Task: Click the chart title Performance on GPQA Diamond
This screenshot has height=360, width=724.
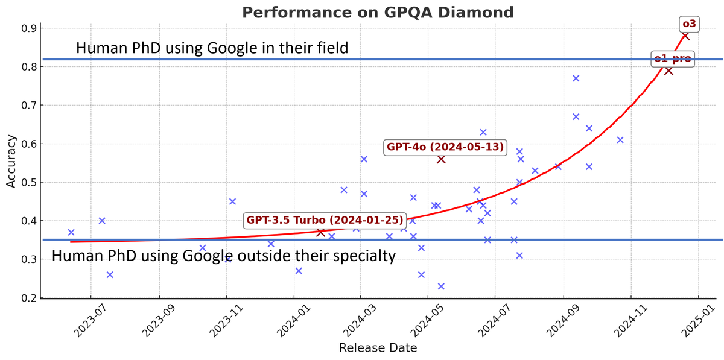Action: click(378, 12)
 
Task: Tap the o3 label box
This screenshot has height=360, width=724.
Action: click(688, 24)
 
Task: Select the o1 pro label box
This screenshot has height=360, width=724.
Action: click(673, 58)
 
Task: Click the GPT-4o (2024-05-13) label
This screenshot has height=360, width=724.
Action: click(445, 147)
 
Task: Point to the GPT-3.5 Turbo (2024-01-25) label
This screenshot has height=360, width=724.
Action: click(325, 220)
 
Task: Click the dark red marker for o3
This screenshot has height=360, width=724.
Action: click(685, 36)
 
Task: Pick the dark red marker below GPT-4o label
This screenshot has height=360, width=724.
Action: click(441, 159)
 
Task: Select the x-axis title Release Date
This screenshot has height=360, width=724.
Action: click(378, 348)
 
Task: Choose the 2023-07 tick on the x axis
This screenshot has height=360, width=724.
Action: click(86, 319)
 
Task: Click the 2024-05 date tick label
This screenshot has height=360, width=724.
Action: click(422, 319)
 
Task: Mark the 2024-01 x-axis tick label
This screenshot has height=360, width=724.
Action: click(289, 319)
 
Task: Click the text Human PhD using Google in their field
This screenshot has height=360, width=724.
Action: click(212, 48)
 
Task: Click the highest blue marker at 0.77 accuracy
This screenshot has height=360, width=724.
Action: click(576, 78)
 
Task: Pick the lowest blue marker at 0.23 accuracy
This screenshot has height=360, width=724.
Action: click(441, 286)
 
